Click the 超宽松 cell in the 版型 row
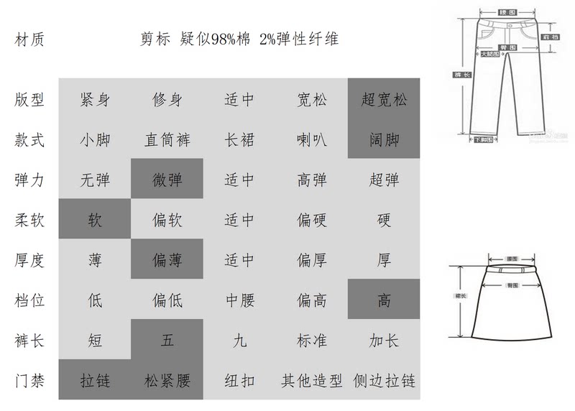pos(384,100)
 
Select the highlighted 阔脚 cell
pos(384,139)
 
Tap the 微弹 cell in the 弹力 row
pos(167,180)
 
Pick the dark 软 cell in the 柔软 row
pos(95,220)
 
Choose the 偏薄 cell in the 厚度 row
pos(167,260)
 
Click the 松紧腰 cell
pos(167,379)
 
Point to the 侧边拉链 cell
pos(384,379)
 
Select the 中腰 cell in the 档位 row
pos(239,300)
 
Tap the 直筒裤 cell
pos(167,139)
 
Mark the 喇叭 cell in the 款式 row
pos(311,139)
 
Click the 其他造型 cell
pos(311,379)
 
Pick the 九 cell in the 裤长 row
pos(239,340)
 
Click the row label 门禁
pos(29,379)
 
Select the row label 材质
pos(29,40)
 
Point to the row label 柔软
pos(29,220)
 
